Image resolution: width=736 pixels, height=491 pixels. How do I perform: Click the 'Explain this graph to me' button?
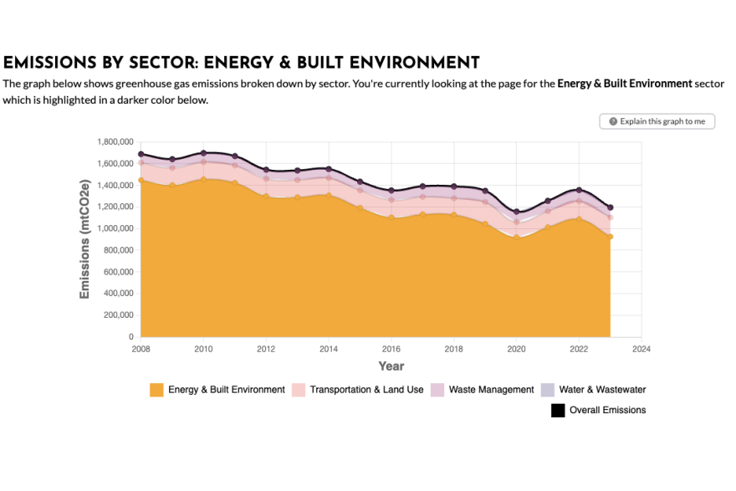pos(657,121)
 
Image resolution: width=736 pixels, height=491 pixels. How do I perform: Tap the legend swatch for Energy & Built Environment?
pos(156,390)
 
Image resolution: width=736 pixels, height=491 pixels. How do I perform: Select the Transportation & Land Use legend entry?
pos(366,390)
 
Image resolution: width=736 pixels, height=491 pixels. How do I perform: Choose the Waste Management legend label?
pos(491,390)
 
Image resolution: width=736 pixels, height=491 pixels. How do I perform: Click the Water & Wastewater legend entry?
pos(602,390)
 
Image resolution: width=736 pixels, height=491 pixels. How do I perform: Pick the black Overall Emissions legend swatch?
pos(559,410)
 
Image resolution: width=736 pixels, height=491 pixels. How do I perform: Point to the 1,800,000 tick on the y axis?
pos(115,141)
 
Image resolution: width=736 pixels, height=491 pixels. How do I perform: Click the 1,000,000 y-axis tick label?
pos(115,228)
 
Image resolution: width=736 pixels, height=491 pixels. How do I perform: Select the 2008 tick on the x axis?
pos(141,349)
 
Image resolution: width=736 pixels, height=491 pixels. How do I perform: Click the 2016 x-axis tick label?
pos(391,349)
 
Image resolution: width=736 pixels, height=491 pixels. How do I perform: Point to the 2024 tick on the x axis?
pos(641,349)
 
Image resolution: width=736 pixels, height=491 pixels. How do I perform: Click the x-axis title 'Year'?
pos(391,366)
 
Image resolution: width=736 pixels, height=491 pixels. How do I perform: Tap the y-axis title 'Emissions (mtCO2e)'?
pos(84,238)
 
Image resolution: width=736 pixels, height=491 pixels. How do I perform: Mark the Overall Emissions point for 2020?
pos(516,212)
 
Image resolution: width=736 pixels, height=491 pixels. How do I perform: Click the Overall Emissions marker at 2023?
pos(610,207)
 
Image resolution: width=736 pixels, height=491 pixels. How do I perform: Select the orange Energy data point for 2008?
pos(141,180)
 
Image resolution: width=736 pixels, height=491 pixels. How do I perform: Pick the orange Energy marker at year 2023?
pos(610,237)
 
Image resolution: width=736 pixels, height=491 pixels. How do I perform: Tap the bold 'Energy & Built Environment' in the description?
pos(625,84)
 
